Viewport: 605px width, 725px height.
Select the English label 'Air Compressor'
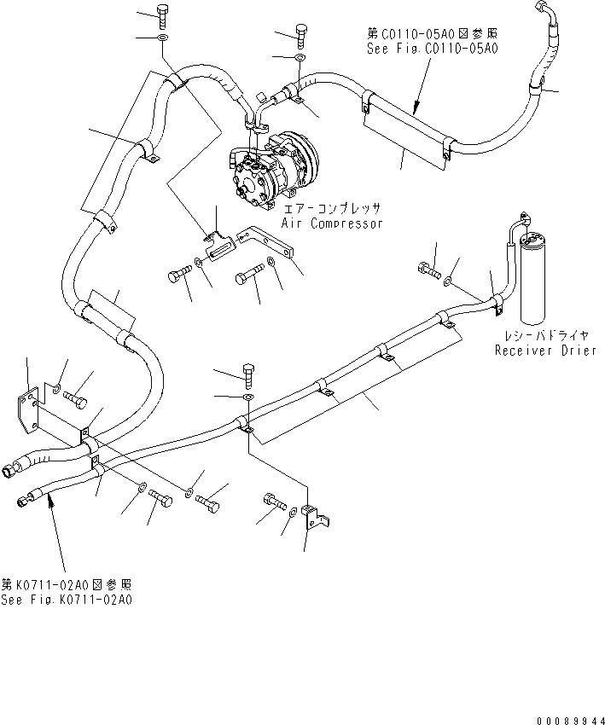click(333, 223)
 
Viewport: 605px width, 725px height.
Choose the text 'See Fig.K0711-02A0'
click(67, 600)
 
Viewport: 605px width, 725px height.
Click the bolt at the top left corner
click(163, 14)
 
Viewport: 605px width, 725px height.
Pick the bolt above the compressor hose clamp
click(301, 34)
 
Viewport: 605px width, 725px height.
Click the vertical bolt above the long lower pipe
click(247, 373)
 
